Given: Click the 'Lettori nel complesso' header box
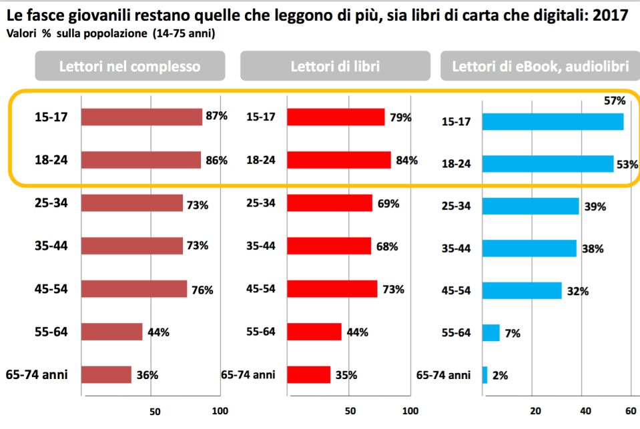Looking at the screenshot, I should pos(129,67).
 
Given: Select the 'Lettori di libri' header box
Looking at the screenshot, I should pos(335,67).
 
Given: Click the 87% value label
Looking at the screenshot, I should pos(216,116).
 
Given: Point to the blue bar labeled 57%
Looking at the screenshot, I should pos(553,121).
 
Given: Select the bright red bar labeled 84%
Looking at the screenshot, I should pos(338,160).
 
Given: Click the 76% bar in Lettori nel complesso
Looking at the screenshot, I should pos(133,289).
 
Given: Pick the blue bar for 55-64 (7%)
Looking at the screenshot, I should pos(491,332).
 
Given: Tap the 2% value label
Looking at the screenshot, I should pos(500,375).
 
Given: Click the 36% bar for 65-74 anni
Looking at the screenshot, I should pos(106,374).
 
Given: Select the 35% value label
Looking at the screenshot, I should pos(346,375).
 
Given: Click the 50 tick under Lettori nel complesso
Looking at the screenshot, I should pos(154,411).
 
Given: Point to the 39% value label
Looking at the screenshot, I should pos(595,207).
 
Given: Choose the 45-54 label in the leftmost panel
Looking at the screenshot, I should pos(51,289).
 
